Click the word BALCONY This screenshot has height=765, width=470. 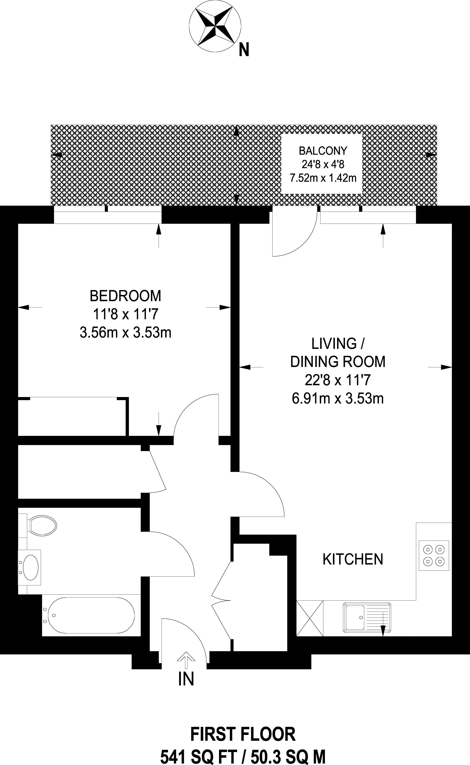pos(323,151)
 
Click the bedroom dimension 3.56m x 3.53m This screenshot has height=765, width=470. pos(126,333)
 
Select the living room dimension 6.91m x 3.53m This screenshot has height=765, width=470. pos(338,398)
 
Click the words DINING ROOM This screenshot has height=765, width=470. pos(338,362)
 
